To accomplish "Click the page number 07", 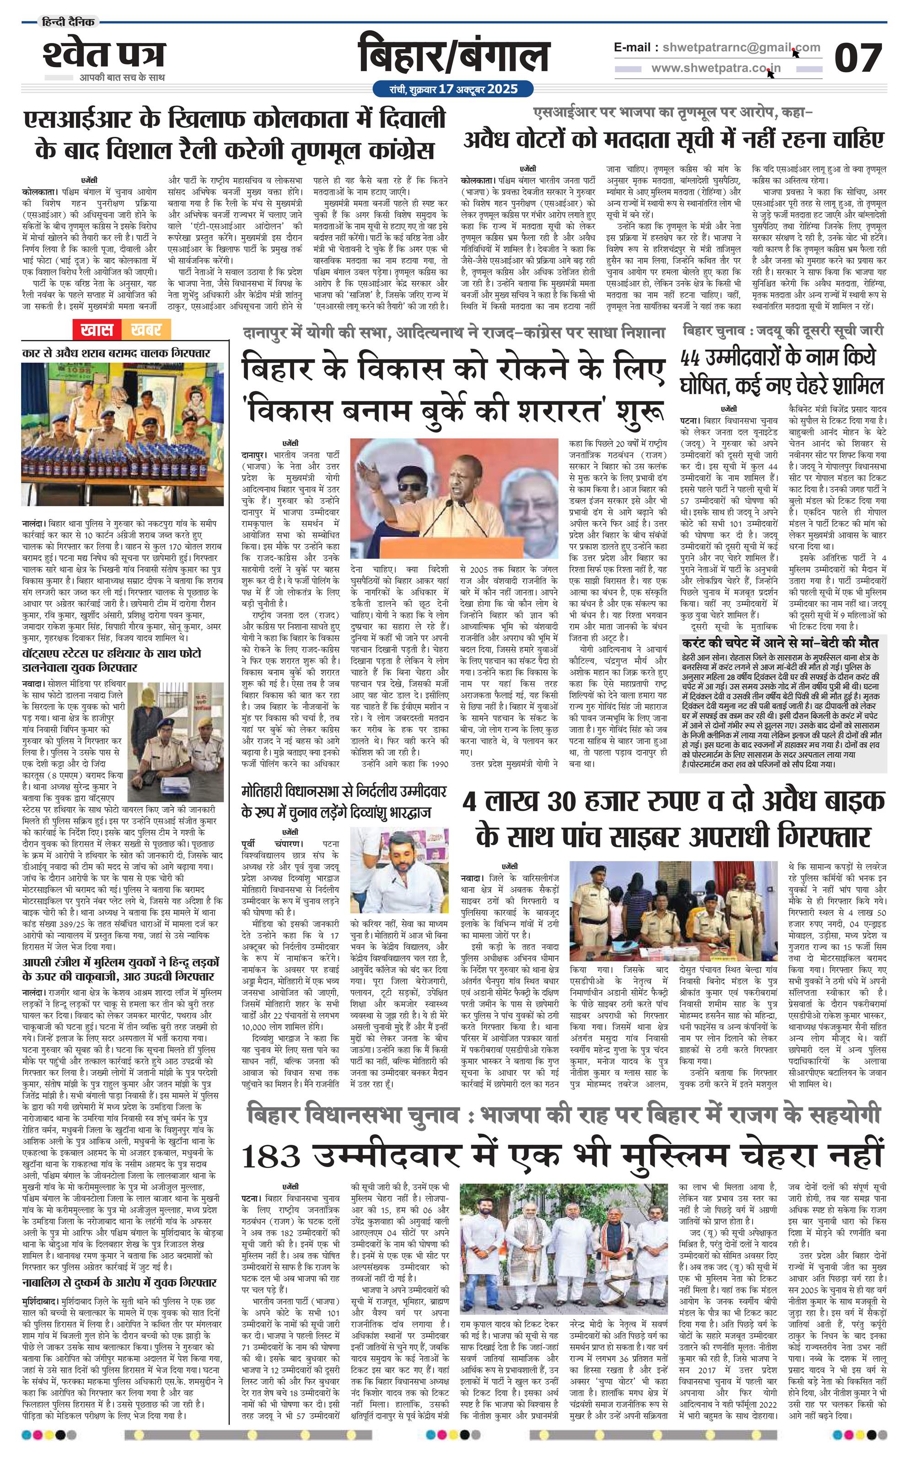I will (857, 58).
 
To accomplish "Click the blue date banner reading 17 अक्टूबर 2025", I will (453, 89).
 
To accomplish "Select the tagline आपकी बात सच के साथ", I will (122, 78).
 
